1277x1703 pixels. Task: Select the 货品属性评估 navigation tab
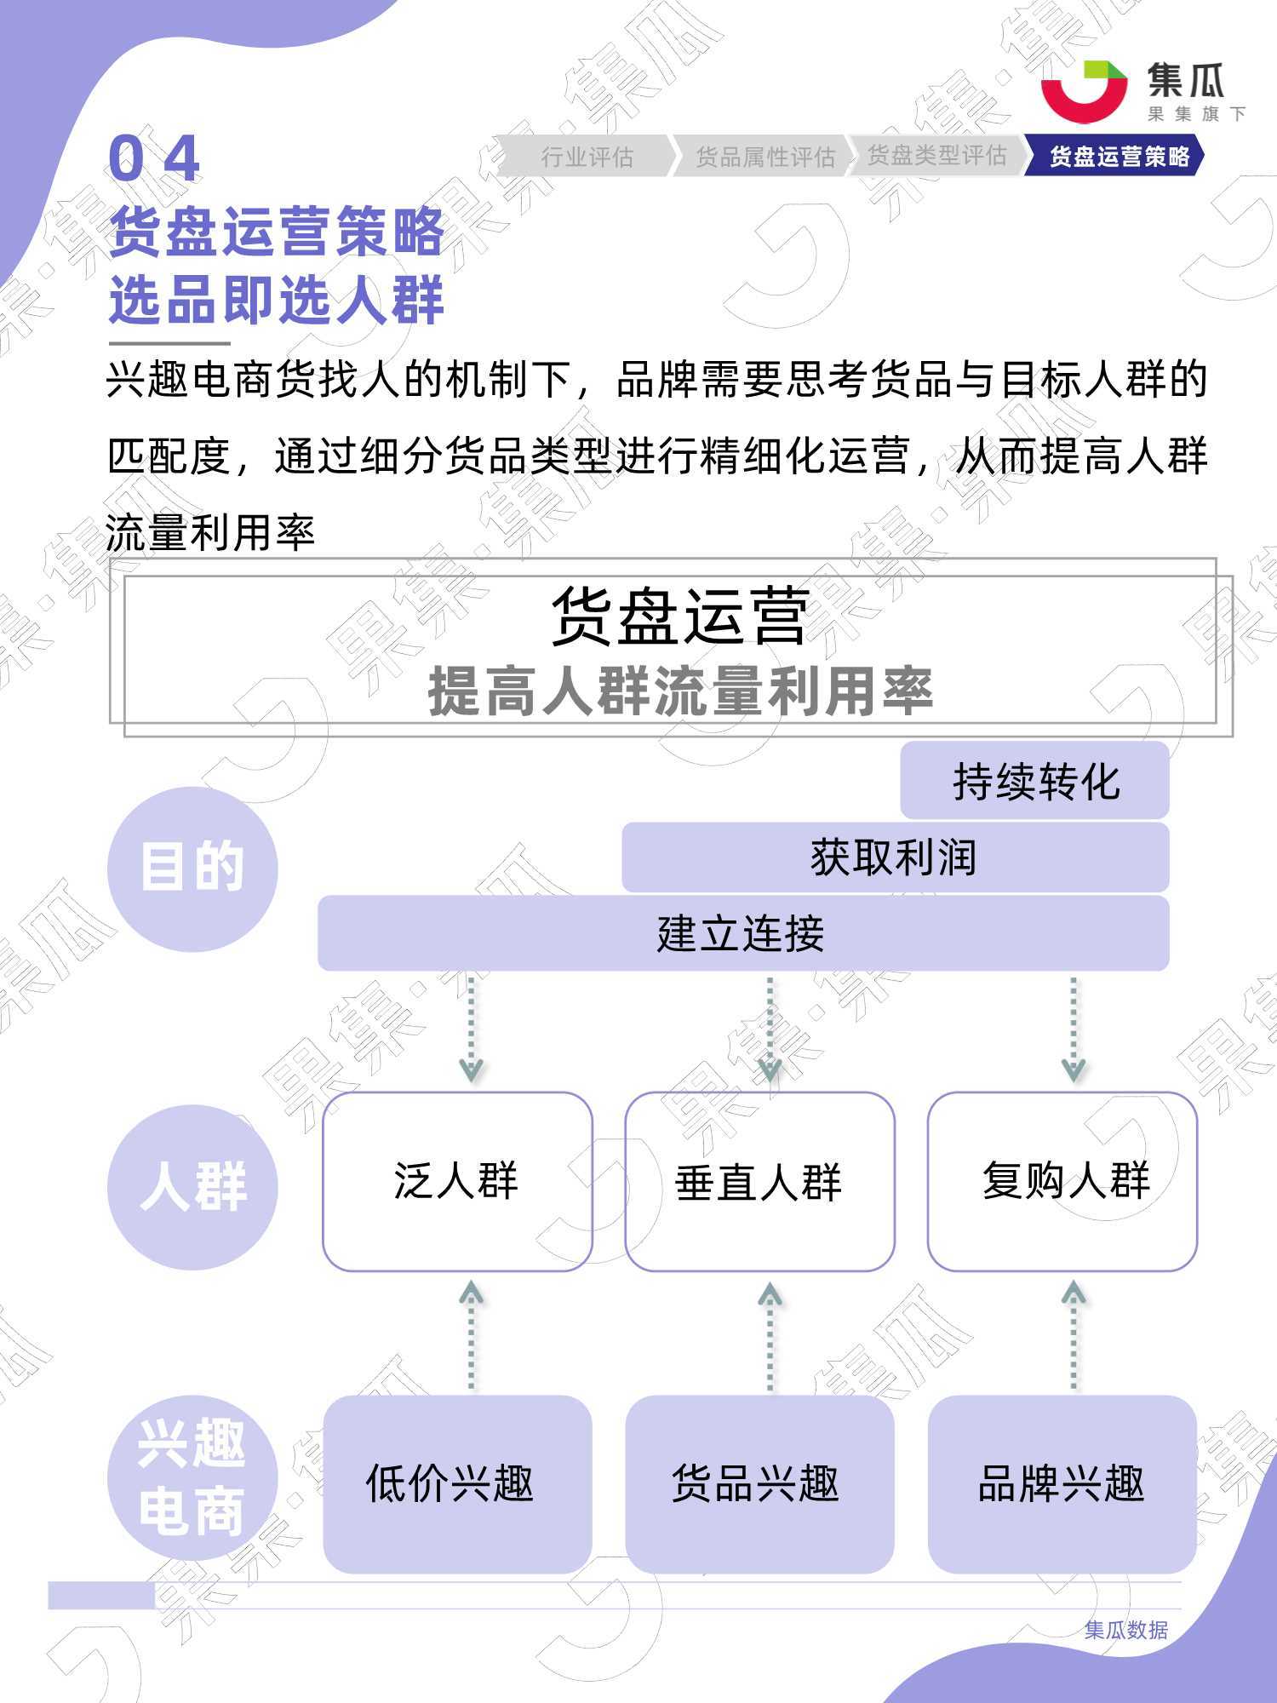coord(764,156)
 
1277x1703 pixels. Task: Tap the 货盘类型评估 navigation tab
coord(936,156)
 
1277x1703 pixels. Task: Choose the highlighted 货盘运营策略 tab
coord(1115,156)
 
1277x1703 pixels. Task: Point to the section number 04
coord(154,158)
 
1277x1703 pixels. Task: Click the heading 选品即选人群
coord(277,300)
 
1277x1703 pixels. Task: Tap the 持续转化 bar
coord(1034,780)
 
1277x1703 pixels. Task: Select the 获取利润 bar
coord(896,857)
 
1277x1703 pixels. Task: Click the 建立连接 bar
coord(743,933)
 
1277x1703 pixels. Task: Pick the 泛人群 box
coord(457,1182)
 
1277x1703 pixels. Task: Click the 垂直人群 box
coord(759,1182)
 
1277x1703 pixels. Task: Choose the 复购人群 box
coord(1062,1182)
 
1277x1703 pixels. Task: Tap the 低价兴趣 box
coord(457,1483)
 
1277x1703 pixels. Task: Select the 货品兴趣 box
coord(759,1483)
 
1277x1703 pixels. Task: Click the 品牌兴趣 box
coord(1062,1483)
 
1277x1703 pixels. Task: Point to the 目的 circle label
coord(192,869)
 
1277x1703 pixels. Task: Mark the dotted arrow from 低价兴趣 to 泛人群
coord(472,1337)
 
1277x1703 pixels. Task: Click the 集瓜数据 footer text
coord(1125,1630)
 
